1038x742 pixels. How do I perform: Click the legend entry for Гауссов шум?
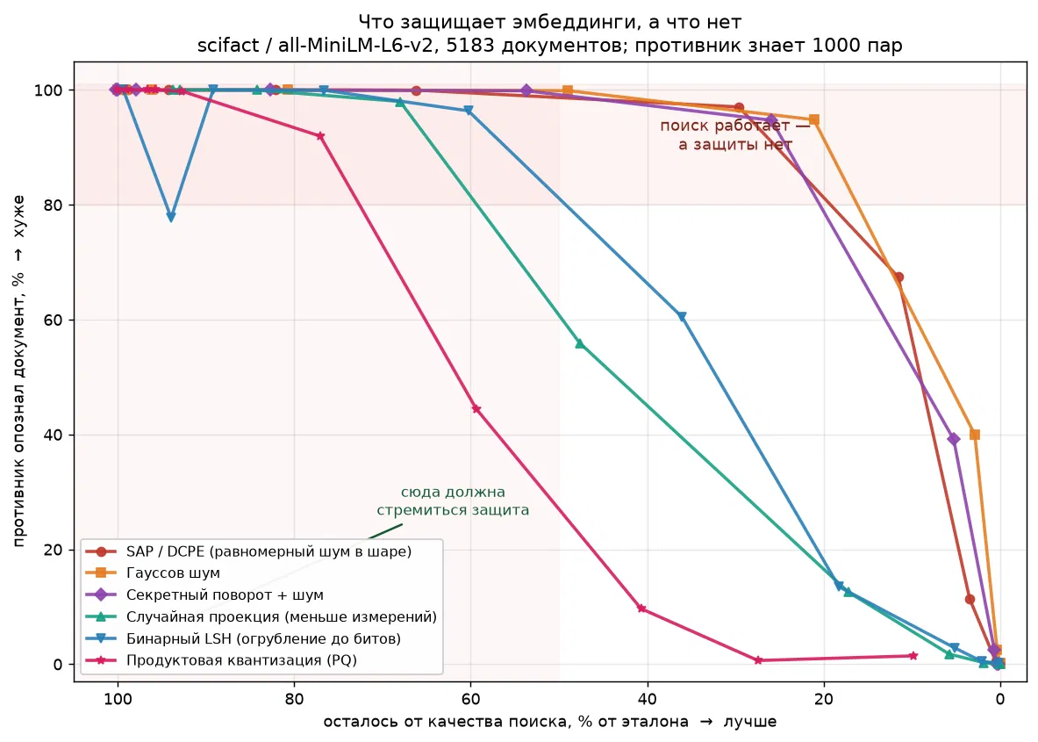(173, 573)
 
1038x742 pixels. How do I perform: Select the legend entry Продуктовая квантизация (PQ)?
(241, 660)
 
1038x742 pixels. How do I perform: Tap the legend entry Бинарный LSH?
(263, 638)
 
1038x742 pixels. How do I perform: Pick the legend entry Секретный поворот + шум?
(225, 595)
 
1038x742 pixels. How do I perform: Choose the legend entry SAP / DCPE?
(268, 551)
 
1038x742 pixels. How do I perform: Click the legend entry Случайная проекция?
(282, 616)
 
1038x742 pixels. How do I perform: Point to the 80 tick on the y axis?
(55, 205)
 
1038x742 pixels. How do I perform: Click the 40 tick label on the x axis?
(647, 699)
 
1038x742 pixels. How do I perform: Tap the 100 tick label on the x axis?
(118, 699)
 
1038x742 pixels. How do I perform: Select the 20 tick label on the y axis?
(55, 550)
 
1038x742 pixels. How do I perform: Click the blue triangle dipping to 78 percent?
(171, 217)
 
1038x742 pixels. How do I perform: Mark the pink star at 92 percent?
(320, 136)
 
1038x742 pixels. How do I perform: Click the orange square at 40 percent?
(975, 435)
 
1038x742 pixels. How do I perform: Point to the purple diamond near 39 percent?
(953, 438)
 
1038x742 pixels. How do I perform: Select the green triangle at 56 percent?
(580, 343)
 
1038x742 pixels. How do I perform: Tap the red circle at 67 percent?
(898, 277)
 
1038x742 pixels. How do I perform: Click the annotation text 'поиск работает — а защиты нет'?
(734, 134)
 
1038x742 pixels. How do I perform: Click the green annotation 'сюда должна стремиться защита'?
(454, 501)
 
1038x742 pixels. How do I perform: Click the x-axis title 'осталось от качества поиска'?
(549, 722)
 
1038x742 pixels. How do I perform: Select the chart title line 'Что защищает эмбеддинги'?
(549, 22)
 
